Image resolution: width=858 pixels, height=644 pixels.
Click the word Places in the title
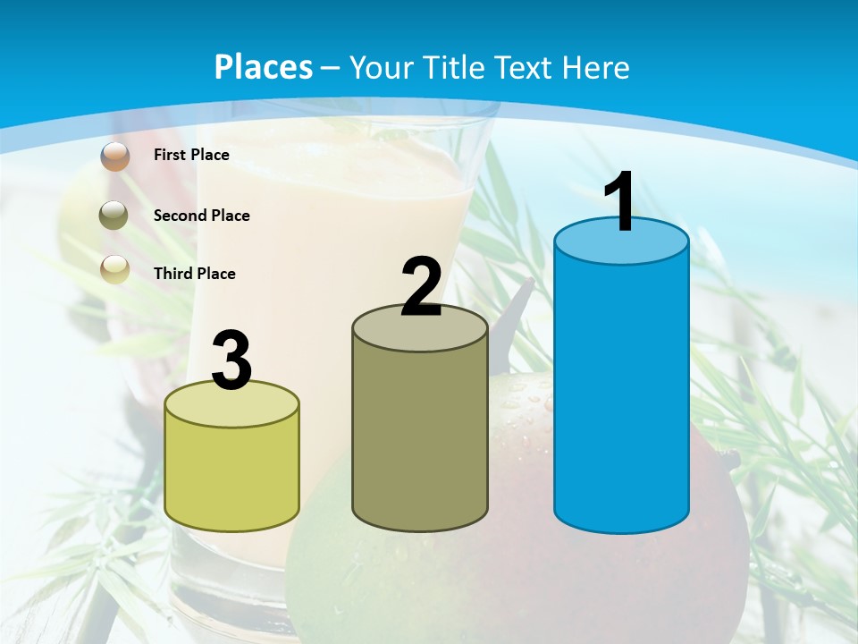pos(264,67)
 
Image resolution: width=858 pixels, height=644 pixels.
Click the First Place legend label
pos(191,155)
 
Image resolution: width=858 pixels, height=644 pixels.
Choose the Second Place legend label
pos(201,216)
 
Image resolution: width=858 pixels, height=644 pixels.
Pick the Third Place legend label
pos(194,274)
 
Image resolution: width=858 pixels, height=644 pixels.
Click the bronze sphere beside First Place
pos(115,156)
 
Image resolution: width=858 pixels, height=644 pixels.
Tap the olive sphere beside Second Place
pos(114,216)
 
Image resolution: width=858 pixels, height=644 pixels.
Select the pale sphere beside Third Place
pos(114,268)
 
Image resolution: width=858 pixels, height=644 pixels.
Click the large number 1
pos(619,203)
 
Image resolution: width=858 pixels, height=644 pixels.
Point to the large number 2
pos(421,287)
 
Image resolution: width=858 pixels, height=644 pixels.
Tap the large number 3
pos(231,361)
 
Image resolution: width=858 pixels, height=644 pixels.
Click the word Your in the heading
pos(382,67)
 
